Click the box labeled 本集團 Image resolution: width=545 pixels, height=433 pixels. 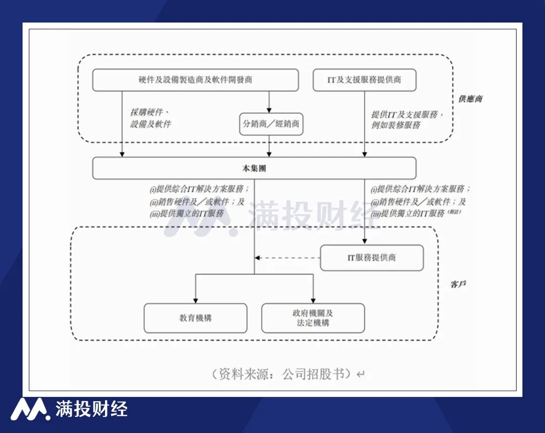[x=254, y=168]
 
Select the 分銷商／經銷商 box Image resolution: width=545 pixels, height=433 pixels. [x=271, y=124]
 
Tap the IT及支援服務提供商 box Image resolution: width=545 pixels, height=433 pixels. [x=364, y=80]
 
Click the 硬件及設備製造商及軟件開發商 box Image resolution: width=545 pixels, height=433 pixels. [x=195, y=80]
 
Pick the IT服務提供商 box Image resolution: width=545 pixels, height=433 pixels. [x=371, y=258]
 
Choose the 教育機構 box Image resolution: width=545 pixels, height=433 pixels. [x=195, y=318]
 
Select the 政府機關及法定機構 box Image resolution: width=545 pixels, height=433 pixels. [x=313, y=318]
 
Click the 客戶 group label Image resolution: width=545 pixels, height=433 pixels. [x=458, y=284]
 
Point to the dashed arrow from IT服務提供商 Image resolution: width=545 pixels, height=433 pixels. [x=288, y=258]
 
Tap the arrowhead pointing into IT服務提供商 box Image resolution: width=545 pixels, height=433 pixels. [x=364, y=241]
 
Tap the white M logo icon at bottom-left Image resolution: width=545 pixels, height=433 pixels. [x=30, y=409]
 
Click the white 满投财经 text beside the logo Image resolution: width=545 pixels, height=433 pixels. [x=91, y=409]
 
